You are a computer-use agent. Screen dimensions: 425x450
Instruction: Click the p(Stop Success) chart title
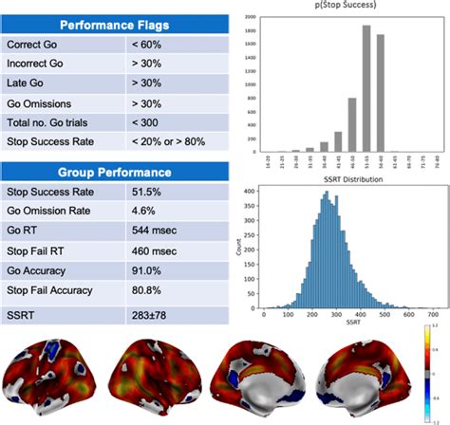click(339, 6)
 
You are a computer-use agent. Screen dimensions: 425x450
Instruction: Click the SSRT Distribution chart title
click(347, 177)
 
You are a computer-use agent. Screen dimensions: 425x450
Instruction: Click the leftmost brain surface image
click(55, 378)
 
